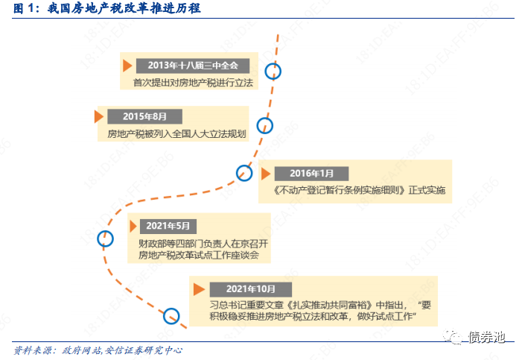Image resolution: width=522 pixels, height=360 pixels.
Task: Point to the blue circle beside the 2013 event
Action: click(x=276, y=72)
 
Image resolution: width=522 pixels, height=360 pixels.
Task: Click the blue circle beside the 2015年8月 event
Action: click(x=264, y=125)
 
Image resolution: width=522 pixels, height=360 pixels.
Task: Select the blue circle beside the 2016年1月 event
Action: click(x=244, y=173)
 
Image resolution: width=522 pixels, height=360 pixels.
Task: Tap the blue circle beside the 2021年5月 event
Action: click(x=106, y=238)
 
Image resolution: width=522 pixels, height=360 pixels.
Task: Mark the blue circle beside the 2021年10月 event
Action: click(x=171, y=316)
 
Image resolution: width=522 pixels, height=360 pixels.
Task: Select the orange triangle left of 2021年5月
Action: click(x=134, y=225)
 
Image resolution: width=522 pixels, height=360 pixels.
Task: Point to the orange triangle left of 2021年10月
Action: click(x=197, y=288)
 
